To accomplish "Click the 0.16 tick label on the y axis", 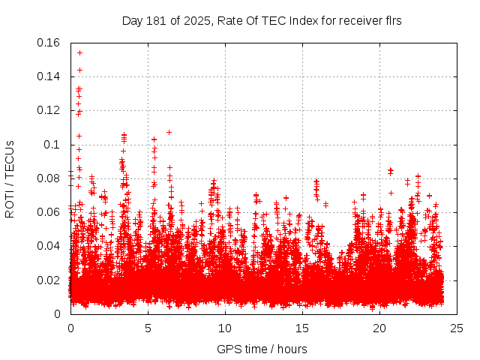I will coord(49,43).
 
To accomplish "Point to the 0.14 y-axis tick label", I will coord(49,76).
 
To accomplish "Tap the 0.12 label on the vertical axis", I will coord(49,110).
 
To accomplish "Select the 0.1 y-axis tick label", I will coord(52,144).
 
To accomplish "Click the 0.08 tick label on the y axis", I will coord(49,178).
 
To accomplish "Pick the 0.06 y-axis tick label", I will coord(49,212).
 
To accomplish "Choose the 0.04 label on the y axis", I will coord(49,246).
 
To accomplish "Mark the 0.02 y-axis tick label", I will coord(49,280).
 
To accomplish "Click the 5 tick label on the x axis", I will coord(148,328).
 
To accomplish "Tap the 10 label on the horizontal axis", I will coord(225,328).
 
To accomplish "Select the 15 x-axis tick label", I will coord(302,328).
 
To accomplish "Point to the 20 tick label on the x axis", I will coord(379,328).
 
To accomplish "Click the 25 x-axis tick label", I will coord(457,328).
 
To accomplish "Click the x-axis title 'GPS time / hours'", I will coord(262,349).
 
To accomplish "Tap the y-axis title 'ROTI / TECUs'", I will coord(10,178).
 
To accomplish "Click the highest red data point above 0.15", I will coord(79,52).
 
